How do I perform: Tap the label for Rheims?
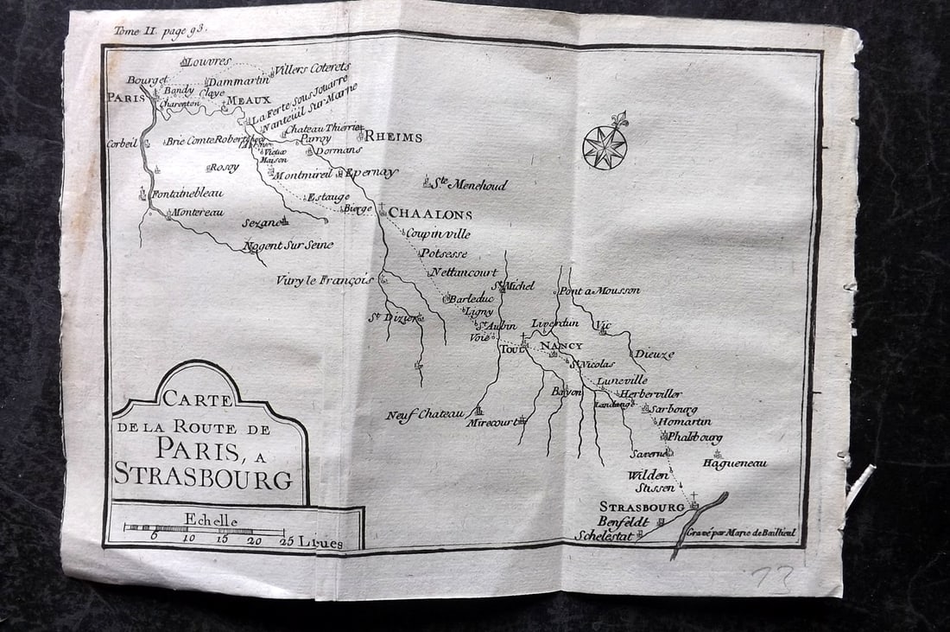[393, 137]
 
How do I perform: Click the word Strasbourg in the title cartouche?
[203, 476]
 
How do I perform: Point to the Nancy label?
[561, 346]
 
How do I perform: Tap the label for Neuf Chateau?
[424, 415]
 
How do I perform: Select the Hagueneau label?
[734, 463]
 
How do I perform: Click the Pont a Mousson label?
[599, 290]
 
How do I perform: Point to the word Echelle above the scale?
[207, 518]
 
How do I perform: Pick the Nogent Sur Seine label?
[288, 245]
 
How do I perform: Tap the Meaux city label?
[248, 99]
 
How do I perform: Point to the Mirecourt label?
[495, 423]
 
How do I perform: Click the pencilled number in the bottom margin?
[771, 578]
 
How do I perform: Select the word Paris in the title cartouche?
[197, 448]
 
